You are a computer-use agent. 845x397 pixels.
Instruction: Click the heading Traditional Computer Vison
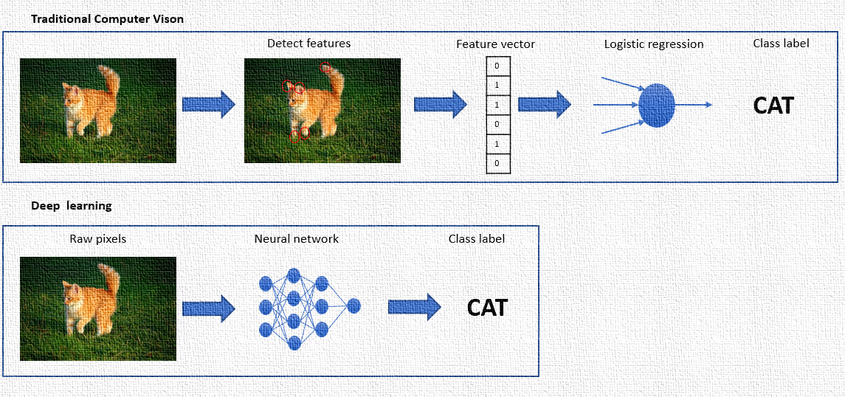pos(107,19)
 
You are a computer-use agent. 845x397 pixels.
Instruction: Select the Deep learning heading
pos(72,206)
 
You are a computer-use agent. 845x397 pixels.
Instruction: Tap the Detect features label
pos(308,44)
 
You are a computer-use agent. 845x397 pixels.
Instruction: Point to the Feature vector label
pos(495,44)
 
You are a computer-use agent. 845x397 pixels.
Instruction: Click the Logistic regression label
pos(653,44)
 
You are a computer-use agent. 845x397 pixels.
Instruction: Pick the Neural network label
pos(296,239)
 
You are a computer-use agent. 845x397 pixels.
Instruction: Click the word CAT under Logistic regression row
pos(773,106)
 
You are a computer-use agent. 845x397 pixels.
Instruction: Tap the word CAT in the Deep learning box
pos(487,307)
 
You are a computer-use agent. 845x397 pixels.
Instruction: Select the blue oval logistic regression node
pos(656,105)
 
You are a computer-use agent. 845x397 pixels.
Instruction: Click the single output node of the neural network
pos(353,305)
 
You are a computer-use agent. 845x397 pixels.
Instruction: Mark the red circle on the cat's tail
pos(325,68)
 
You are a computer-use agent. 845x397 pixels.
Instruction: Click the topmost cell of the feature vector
pos(497,66)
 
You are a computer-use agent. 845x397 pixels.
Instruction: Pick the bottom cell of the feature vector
pos(497,163)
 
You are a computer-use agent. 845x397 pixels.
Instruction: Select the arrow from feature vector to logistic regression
pos(545,104)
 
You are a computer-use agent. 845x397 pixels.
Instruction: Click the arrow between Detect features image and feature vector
pos(440,104)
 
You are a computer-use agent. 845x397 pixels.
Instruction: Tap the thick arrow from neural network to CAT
pos(414,307)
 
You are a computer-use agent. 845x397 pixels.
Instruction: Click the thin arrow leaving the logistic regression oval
pos(694,105)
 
